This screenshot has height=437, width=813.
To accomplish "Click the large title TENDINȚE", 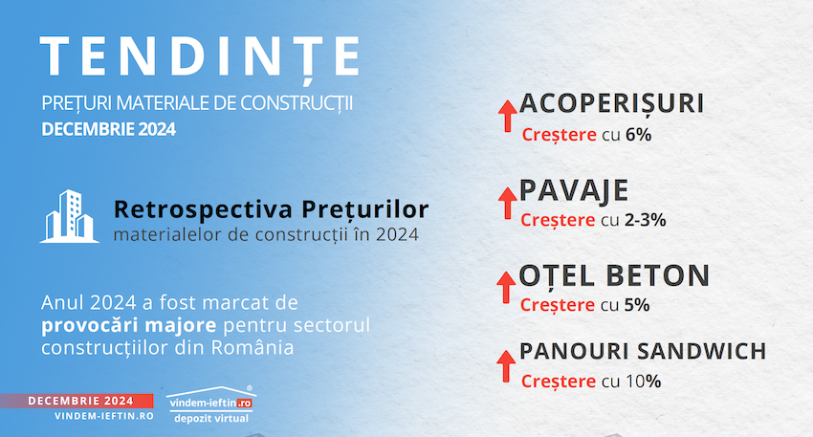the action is pyautogui.click(x=200, y=57).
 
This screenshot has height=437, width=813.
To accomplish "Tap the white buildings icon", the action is pyautogui.click(x=69, y=216).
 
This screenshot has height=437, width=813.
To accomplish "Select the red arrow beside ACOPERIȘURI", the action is pyautogui.click(x=507, y=116).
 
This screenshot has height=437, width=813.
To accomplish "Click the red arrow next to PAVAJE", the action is pyautogui.click(x=507, y=203).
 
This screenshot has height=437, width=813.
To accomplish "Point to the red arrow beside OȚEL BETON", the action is pyautogui.click(x=506, y=287).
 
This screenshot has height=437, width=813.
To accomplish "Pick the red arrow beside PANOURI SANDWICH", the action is pyautogui.click(x=506, y=366).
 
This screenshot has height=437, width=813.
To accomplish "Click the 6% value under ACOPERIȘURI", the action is pyautogui.click(x=638, y=135).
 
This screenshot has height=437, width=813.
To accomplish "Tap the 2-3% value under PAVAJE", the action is pyautogui.click(x=645, y=220).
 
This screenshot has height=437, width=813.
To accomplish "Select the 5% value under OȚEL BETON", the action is pyautogui.click(x=637, y=305).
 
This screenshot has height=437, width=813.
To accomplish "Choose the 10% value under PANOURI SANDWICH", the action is pyautogui.click(x=643, y=382).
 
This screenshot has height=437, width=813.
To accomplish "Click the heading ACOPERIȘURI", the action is pyautogui.click(x=612, y=103).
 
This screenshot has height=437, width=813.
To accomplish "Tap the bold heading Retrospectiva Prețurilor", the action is pyautogui.click(x=272, y=209).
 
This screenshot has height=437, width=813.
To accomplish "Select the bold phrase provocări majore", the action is pyautogui.click(x=128, y=325).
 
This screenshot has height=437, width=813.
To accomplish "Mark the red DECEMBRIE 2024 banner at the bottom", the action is pyautogui.click(x=77, y=401).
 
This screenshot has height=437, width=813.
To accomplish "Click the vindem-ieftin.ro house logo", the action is pyautogui.click(x=211, y=404).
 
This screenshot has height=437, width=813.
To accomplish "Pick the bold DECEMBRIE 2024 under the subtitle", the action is pyautogui.click(x=108, y=129).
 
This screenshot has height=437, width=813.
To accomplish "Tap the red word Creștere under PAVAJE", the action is pyautogui.click(x=558, y=220).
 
